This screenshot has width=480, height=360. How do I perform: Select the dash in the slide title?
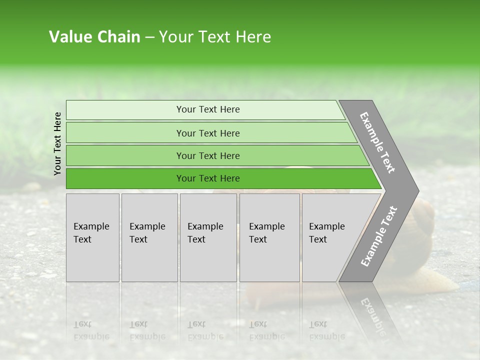point(149,37)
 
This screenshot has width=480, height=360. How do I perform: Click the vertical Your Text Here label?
point(57,143)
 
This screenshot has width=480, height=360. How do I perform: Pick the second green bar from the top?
point(208,133)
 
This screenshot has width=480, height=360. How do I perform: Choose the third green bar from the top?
point(208,155)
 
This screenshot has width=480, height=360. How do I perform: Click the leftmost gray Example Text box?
point(92,237)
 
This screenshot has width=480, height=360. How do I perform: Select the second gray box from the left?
point(149,237)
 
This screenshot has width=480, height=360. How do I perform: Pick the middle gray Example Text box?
point(208,237)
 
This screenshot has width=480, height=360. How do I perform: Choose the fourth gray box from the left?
point(269,237)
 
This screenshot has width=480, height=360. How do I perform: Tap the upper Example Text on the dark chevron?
point(377,142)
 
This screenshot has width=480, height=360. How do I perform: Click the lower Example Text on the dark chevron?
point(378,236)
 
